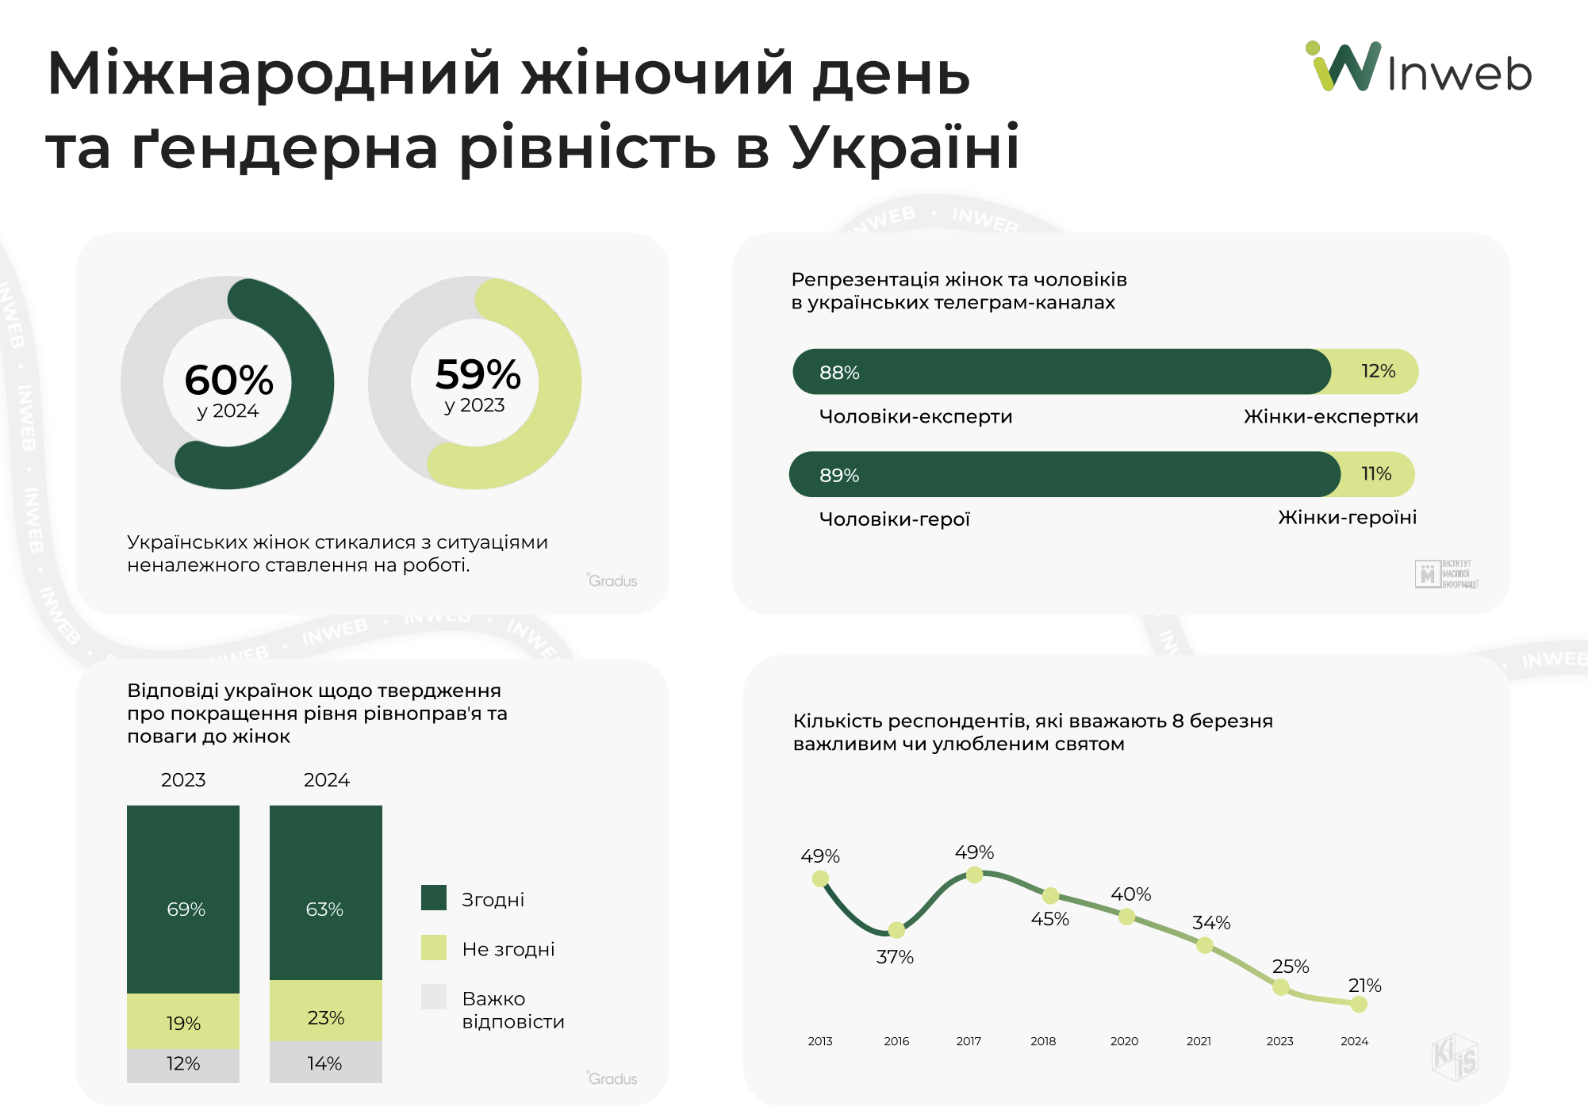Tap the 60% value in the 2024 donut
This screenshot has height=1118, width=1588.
coord(228,380)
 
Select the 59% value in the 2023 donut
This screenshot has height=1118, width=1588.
coord(478,374)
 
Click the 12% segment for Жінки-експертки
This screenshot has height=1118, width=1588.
coord(1376,371)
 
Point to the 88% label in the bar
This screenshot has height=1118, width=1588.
coord(839,373)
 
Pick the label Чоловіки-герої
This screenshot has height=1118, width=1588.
coord(894,519)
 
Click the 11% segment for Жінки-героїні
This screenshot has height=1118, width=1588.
coord(1376,474)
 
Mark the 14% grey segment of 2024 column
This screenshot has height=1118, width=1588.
coord(326,1062)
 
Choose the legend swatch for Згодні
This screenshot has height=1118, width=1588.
coord(434,898)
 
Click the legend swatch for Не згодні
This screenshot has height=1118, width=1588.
coord(434,948)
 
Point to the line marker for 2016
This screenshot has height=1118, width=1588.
coord(896,929)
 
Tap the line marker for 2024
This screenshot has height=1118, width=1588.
coord(1359,1005)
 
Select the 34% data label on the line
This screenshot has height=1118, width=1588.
coord(1211,923)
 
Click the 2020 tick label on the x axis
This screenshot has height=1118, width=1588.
coord(1124,1041)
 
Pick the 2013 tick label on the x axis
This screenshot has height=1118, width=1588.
coord(820,1041)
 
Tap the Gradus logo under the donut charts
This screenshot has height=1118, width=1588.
coord(612,580)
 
